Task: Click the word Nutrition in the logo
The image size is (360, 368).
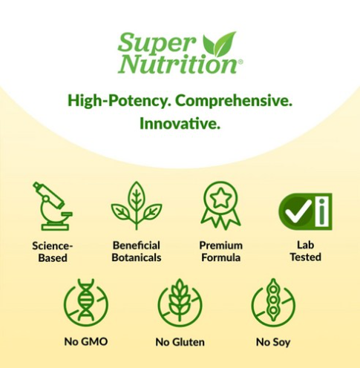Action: pyautogui.click(x=177, y=64)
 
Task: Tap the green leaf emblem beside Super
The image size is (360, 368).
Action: pyautogui.click(x=219, y=44)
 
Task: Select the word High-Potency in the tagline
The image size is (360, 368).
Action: pyautogui.click(x=120, y=101)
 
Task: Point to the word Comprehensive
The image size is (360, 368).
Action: pyautogui.click(x=234, y=101)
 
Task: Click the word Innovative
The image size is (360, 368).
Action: pyautogui.click(x=180, y=123)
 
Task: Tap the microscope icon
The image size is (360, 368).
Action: pyautogui.click(x=53, y=206)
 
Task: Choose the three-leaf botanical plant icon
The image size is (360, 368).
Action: pyautogui.click(x=137, y=206)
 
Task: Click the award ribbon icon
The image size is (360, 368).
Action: pyautogui.click(x=220, y=206)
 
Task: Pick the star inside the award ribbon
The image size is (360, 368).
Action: pyautogui.click(x=220, y=198)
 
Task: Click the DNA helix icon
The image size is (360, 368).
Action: pyautogui.click(x=86, y=302)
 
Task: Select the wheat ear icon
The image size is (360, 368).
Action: pyautogui.click(x=180, y=302)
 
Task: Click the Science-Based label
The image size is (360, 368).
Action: pyautogui.click(x=53, y=252)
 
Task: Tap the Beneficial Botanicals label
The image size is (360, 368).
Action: pyautogui.click(x=137, y=252)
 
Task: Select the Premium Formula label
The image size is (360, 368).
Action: pyautogui.click(x=221, y=252)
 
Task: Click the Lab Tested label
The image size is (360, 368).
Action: pyautogui.click(x=306, y=251)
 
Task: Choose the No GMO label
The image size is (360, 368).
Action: pyautogui.click(x=86, y=342)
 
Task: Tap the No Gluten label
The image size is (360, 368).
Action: pyautogui.click(x=180, y=342)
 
